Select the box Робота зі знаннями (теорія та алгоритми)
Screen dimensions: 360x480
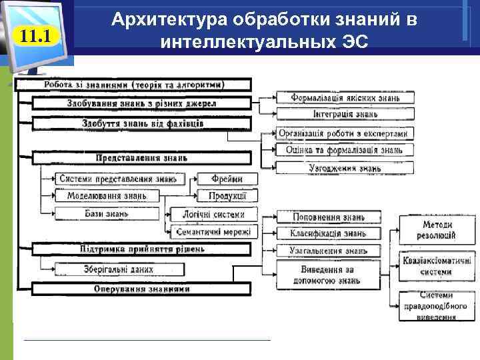click(134, 85)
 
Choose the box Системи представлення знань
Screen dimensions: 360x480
click(118, 179)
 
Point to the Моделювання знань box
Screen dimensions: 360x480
click(107, 196)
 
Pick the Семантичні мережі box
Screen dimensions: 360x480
click(213, 232)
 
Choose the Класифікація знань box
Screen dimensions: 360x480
click(328, 234)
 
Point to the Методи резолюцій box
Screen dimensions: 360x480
click(437, 230)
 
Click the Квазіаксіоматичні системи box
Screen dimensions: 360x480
click(437, 266)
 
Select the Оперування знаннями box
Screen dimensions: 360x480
click(134, 289)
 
